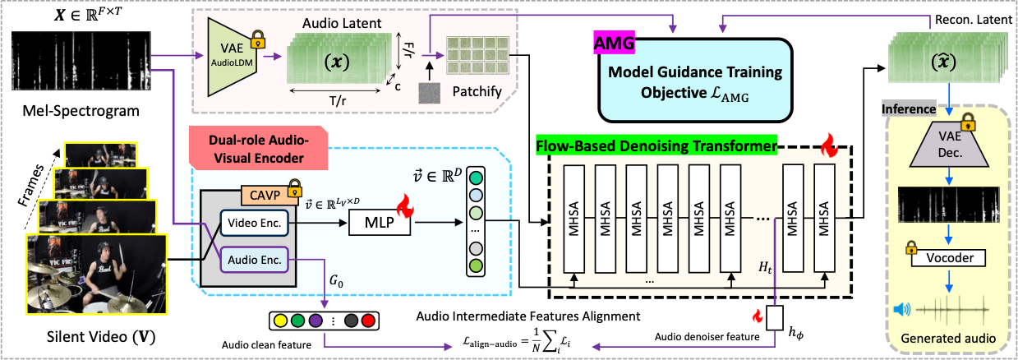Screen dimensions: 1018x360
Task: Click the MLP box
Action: [380, 222]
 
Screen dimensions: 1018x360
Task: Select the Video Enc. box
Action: [255, 223]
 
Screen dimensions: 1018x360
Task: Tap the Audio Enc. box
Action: [255, 260]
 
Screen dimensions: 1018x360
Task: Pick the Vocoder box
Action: [949, 258]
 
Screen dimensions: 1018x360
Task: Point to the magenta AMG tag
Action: [614, 43]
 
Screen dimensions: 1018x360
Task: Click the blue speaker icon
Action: [901, 310]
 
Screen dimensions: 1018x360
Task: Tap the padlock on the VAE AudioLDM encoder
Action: [258, 39]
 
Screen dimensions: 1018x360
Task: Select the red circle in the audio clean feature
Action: [368, 321]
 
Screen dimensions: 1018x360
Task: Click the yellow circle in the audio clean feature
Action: [280, 321]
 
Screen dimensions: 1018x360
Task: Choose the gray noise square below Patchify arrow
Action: [430, 93]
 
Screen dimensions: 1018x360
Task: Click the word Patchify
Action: [477, 91]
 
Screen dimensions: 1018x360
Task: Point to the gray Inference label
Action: [909, 109]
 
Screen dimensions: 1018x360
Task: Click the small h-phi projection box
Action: [775, 317]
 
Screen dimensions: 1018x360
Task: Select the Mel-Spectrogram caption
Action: [81, 111]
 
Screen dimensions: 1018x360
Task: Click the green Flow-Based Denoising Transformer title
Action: [656, 145]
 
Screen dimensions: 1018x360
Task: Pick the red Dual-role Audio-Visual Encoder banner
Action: [259, 149]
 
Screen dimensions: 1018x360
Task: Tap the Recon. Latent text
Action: [974, 20]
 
